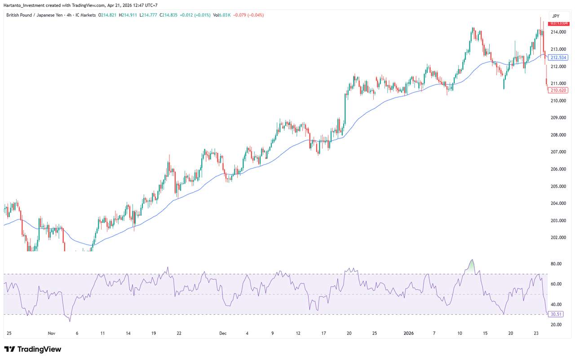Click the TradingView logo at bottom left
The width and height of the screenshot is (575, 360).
click(x=32, y=349)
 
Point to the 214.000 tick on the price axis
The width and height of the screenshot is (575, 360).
click(x=559, y=32)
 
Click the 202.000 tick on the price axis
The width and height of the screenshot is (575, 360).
click(x=559, y=238)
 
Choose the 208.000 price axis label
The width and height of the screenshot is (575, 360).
click(x=559, y=135)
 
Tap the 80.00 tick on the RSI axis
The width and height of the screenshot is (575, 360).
click(x=557, y=264)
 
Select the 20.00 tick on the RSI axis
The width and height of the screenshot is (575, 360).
click(x=557, y=324)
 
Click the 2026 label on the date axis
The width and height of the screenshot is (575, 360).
click(x=408, y=333)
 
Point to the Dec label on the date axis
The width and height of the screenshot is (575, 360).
click(x=223, y=333)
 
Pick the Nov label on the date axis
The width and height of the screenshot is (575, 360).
click(x=51, y=333)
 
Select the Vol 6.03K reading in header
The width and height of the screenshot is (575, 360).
click(x=222, y=15)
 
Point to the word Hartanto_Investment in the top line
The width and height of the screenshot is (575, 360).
click(x=26, y=5)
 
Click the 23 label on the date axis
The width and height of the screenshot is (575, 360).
click(x=536, y=333)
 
